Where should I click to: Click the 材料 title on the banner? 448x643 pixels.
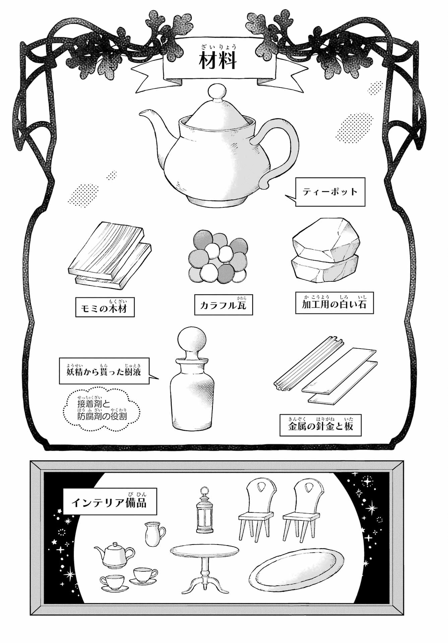pyautogui.click(x=218, y=61)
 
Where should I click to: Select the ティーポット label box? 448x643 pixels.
pyautogui.click(x=330, y=192)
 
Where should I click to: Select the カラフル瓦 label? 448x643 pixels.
pyautogui.click(x=223, y=305)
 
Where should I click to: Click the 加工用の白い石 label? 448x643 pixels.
pyautogui.click(x=334, y=303)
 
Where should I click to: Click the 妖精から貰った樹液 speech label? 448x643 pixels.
pyautogui.click(x=104, y=371)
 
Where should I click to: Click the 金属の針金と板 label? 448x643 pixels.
pyautogui.click(x=320, y=426)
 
